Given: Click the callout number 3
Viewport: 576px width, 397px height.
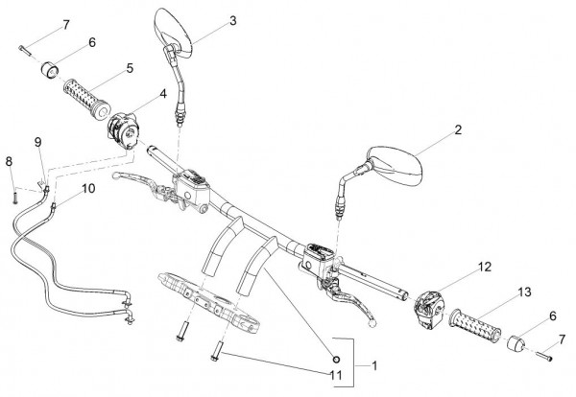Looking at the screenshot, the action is pyautogui.click(x=233, y=21).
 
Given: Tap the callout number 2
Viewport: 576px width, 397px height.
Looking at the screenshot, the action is pyautogui.click(x=458, y=129).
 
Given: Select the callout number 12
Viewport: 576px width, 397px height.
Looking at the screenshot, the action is pyautogui.click(x=485, y=268).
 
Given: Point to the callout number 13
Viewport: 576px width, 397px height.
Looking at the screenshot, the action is pyautogui.click(x=525, y=292).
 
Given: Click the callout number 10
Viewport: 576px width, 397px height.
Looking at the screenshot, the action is pyautogui.click(x=88, y=189).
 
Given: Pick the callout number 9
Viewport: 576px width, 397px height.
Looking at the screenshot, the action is pyautogui.click(x=38, y=142).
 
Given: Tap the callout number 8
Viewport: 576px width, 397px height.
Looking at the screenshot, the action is pyautogui.click(x=9, y=161).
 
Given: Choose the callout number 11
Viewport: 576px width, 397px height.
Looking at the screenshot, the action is pyautogui.click(x=336, y=375).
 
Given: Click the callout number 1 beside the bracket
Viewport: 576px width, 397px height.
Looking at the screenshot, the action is pyautogui.click(x=374, y=365).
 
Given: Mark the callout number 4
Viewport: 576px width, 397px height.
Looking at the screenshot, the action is pyautogui.click(x=163, y=94).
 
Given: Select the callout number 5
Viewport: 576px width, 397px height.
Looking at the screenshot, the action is pyautogui.click(x=130, y=69).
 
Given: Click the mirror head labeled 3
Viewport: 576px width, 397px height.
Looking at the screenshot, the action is pyautogui.click(x=173, y=33).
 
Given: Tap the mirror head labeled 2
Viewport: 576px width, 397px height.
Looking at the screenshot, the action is pyautogui.click(x=396, y=165).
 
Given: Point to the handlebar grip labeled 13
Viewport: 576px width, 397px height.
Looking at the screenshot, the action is pyautogui.click(x=476, y=326).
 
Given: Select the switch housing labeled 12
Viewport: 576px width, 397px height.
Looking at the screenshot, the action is pyautogui.click(x=428, y=307).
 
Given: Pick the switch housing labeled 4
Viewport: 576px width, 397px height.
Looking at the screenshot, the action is pyautogui.click(x=123, y=129).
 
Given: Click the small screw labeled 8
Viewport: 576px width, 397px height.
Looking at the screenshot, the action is pyautogui.click(x=15, y=198).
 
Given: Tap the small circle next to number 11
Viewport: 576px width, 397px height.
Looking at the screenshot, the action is pyautogui.click(x=336, y=360).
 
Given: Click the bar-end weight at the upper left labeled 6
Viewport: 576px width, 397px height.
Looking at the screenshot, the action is pyautogui.click(x=50, y=70).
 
